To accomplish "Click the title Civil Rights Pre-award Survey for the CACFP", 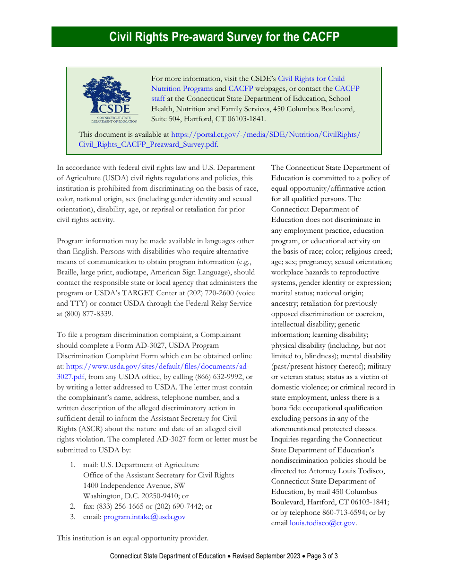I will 224,37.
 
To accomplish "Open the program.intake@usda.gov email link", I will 144,517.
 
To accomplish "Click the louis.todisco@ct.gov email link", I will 322,523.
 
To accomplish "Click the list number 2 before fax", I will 73,506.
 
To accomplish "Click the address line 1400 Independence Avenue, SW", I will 134,485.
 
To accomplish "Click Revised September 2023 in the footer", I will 266,556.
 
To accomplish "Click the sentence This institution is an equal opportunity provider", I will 132,538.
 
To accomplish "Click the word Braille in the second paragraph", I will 68,272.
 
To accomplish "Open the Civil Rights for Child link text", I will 311,79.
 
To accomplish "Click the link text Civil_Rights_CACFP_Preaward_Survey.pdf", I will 147,145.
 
